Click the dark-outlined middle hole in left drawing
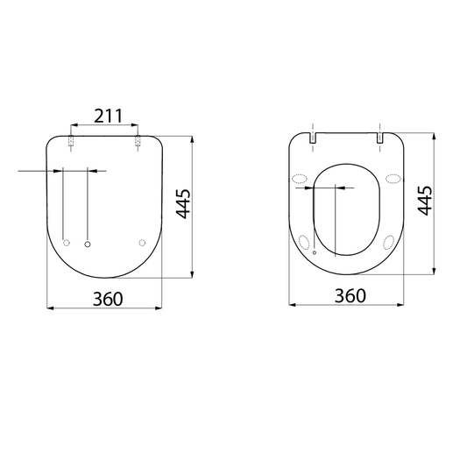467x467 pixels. click(x=87, y=243)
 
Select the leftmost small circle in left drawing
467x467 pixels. click(x=67, y=243)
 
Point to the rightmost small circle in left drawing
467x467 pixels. click(x=143, y=243)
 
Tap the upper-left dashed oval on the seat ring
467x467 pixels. click(x=301, y=180)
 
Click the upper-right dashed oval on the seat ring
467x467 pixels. click(x=393, y=180)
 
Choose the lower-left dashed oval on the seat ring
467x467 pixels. click(x=306, y=241)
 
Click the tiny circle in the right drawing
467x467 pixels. click(x=314, y=251)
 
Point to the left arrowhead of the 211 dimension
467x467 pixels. click(x=74, y=125)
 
